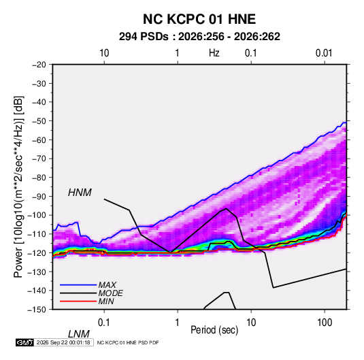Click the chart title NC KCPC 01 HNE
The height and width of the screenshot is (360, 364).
199,19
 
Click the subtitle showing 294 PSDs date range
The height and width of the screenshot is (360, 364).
199,37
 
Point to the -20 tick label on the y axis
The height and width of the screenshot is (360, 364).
39,65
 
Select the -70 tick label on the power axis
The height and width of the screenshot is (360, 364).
39,159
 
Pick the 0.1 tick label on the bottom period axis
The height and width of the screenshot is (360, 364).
103,322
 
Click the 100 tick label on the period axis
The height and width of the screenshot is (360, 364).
325,322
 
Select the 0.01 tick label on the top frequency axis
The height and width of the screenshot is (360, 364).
324,53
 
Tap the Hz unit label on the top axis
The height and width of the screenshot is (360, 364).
214,53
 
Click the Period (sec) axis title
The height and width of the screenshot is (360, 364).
214,330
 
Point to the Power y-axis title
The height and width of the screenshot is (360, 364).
18,186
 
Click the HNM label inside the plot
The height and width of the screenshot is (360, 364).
80,193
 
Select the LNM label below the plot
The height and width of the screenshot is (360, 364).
79,334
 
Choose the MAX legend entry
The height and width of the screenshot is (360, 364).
107,285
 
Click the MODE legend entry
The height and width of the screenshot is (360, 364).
110,293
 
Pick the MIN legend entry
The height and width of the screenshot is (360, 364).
106,301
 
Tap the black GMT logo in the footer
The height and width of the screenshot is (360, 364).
25,342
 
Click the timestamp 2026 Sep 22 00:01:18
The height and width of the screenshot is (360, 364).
63,342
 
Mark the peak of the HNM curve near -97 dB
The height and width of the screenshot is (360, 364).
227,208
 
